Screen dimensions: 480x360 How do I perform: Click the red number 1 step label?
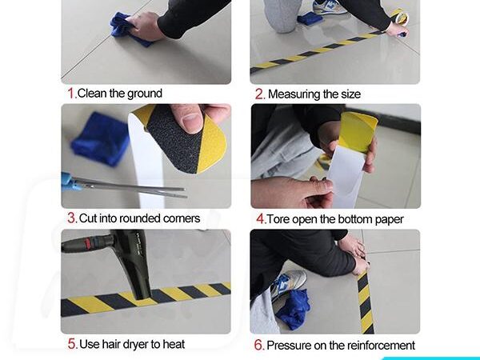pyautogui.click(x=71, y=93)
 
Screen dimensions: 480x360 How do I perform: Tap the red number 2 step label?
pyautogui.click(x=259, y=94)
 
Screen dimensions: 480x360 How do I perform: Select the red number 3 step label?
pyautogui.click(x=72, y=218)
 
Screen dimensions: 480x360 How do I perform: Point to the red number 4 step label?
pyautogui.click(x=261, y=219)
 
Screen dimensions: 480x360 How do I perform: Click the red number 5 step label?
pyautogui.click(x=72, y=344)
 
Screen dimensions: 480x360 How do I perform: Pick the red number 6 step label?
pyautogui.click(x=259, y=345)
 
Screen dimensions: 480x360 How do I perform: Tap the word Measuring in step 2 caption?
pyautogui.click(x=292, y=94)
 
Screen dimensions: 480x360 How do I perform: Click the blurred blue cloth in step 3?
pyautogui.click(x=99, y=139)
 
